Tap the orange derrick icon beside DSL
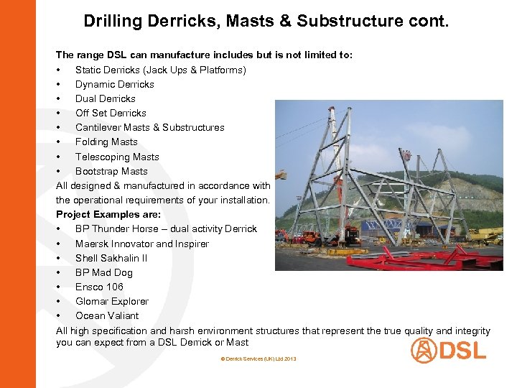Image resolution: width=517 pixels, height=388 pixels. tap(424, 350)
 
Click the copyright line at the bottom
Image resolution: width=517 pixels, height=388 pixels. tap(258, 359)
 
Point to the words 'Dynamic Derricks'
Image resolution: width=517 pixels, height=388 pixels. tap(115, 84)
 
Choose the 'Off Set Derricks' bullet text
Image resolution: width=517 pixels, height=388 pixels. tap(111, 113)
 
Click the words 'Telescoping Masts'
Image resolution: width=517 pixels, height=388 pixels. tap(117, 157)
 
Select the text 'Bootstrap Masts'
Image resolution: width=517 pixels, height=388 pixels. tap(111, 171)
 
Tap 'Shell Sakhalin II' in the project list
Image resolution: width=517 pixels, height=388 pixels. tap(111, 258)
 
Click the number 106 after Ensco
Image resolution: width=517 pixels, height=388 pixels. tap(113, 287)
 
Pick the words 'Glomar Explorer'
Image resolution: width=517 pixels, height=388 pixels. tap(112, 301)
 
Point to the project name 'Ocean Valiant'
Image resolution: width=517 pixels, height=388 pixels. tap(107, 315)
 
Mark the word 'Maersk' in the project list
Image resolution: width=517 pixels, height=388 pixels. tap(91, 244)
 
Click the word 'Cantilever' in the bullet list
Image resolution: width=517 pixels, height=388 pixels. tap(99, 127)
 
